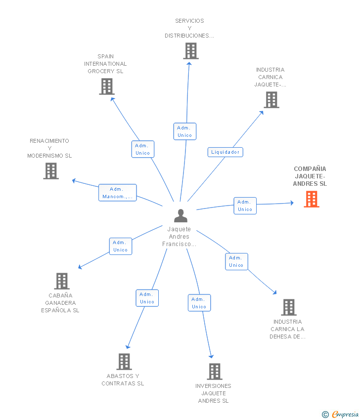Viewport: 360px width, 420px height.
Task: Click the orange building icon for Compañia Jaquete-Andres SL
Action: pyautogui.click(x=312, y=199)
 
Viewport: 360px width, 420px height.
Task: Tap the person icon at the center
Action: pyautogui.click(x=180, y=215)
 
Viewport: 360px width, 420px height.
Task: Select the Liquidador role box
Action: pyautogui.click(x=225, y=152)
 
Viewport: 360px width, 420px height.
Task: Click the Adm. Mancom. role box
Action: pyautogui.click(x=117, y=193)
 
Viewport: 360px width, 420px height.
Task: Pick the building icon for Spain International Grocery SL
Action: pyautogui.click(x=107, y=86)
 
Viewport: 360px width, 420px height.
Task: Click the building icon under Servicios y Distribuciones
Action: pyautogui.click(x=191, y=51)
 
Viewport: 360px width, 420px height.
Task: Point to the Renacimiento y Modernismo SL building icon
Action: pyautogui.click(x=51, y=171)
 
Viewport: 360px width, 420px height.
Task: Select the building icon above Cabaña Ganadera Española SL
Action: pyautogui.click(x=62, y=281)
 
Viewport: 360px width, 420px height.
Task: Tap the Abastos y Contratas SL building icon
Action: pyautogui.click(x=124, y=362)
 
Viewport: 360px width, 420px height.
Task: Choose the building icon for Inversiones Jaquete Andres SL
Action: pyautogui.click(x=215, y=372)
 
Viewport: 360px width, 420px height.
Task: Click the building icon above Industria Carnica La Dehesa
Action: pyautogui.click(x=289, y=307)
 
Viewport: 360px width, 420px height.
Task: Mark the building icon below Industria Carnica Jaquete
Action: pyautogui.click(x=271, y=100)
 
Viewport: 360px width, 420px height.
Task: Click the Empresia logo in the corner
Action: pyautogui.click(x=340, y=415)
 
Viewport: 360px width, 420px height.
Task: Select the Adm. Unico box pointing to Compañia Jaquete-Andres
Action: pyautogui.click(x=245, y=206)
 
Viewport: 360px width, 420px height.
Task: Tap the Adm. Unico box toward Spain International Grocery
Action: pyautogui.click(x=143, y=149)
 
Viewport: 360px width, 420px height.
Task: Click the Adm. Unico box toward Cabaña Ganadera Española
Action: pyautogui.click(x=121, y=246)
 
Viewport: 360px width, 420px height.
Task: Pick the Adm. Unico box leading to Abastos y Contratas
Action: pyautogui.click(x=147, y=298)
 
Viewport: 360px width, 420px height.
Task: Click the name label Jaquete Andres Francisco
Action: pyautogui.click(x=179, y=237)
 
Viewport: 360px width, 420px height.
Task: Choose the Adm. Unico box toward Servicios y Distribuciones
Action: pyautogui.click(x=185, y=131)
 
